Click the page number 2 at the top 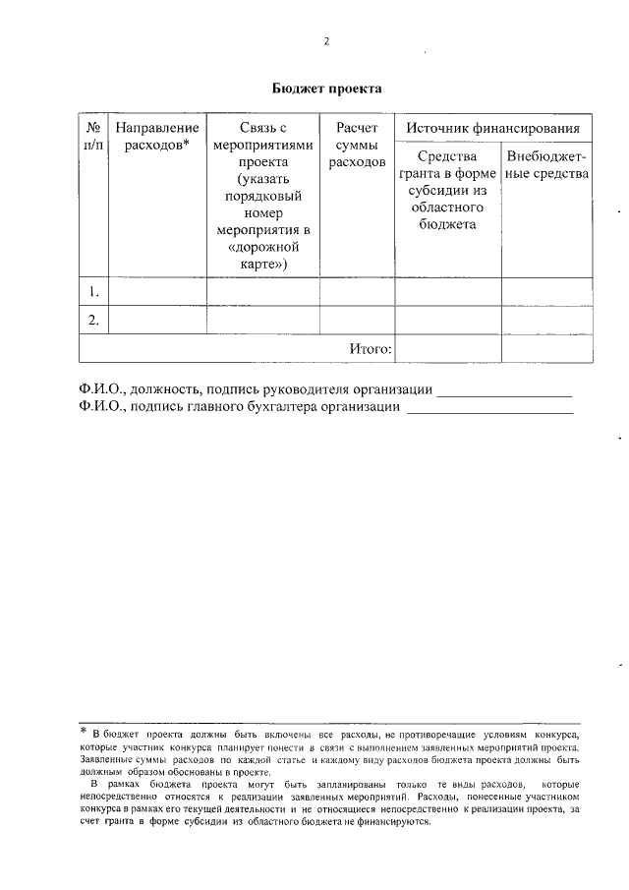pyautogui.click(x=326, y=41)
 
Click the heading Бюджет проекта pyautogui.click(x=326, y=89)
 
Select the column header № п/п pyautogui.click(x=93, y=137)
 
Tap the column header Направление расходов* pyautogui.click(x=157, y=137)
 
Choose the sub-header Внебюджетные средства pyautogui.click(x=547, y=165)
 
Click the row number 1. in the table pyautogui.click(x=93, y=292)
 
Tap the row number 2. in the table pyautogui.click(x=93, y=321)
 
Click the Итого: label pyautogui.click(x=371, y=348)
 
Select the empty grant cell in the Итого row pyautogui.click(x=447, y=348)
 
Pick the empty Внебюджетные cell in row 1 pyautogui.click(x=547, y=292)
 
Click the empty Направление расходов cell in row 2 pyautogui.click(x=157, y=321)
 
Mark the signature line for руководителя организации pyautogui.click(x=503, y=392)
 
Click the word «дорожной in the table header pyautogui.click(x=263, y=248)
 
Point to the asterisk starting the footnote pyautogui.click(x=84, y=732)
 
